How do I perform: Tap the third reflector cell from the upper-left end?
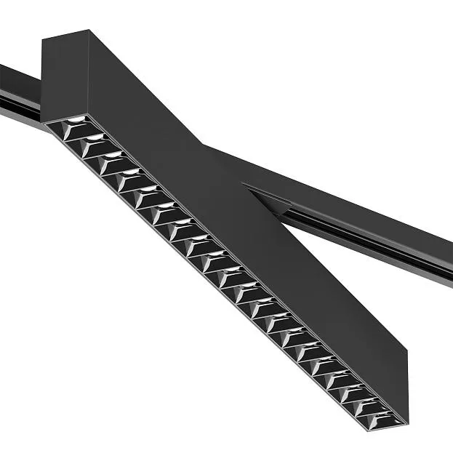(x=109, y=163)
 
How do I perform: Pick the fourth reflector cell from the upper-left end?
(x=127, y=179)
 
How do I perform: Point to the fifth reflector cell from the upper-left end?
(x=145, y=195)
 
